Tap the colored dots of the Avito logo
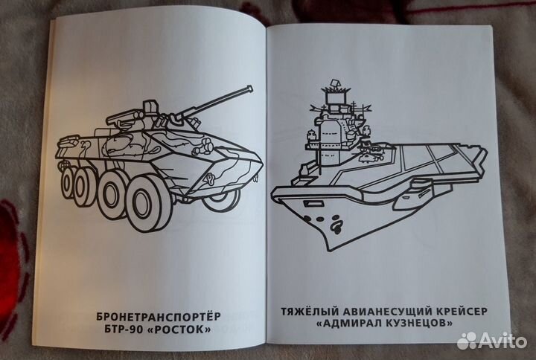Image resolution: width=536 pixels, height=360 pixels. point(468,340)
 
